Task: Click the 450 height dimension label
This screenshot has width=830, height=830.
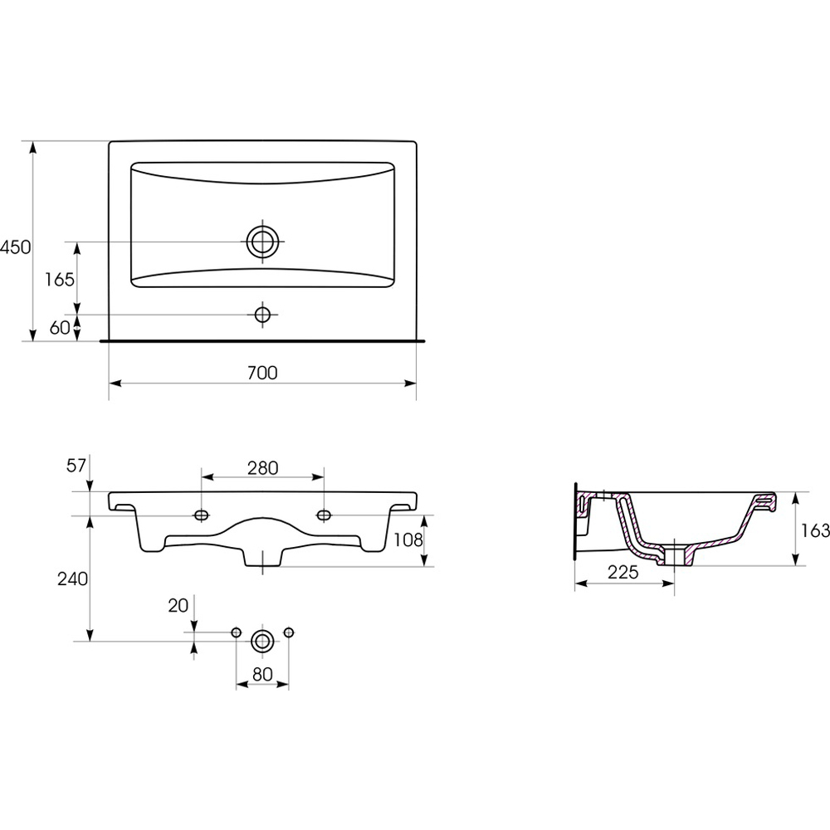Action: [15, 247]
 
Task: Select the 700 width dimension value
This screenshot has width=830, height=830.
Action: [262, 373]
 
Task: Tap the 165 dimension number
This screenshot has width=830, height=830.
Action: [60, 280]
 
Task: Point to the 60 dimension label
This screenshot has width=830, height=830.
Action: [60, 328]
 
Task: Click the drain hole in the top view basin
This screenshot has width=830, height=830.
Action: [262, 242]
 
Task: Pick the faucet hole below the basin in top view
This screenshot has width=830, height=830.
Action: [262, 315]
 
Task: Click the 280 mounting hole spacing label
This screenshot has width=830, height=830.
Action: [262, 468]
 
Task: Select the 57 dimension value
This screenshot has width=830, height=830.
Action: [76, 466]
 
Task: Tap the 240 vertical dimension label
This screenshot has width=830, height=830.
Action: [72, 579]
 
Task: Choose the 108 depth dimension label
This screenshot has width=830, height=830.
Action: [408, 540]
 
